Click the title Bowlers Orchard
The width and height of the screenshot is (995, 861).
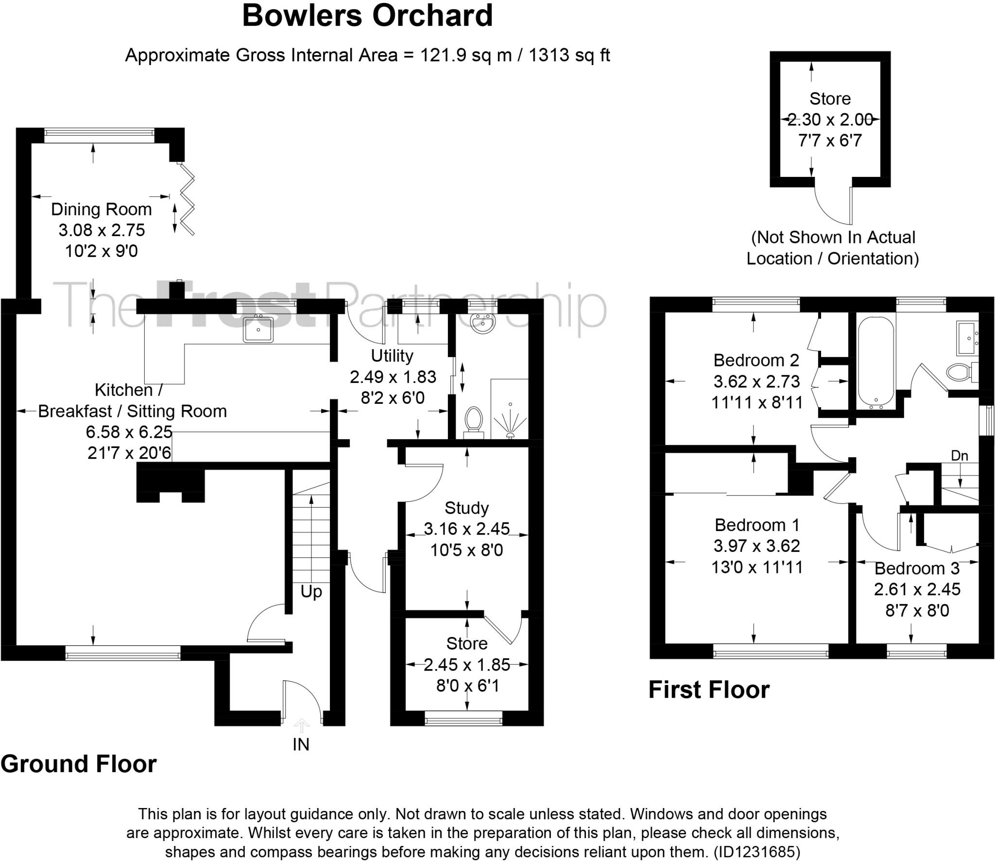click(367, 16)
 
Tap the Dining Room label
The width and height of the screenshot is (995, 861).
click(102, 209)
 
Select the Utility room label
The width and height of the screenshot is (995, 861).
click(392, 356)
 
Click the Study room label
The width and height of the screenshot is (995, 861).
click(466, 508)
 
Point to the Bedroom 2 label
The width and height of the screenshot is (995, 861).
click(756, 360)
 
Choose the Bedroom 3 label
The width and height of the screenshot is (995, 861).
click(917, 568)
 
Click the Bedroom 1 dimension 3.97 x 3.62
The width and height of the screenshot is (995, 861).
click(756, 546)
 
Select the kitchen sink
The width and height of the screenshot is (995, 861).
click(258, 329)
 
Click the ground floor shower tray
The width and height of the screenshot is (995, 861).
click(510, 409)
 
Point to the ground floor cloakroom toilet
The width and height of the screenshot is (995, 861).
click(473, 422)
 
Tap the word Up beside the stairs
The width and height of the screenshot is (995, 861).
click(311, 592)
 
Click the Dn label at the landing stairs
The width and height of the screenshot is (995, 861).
click(960, 456)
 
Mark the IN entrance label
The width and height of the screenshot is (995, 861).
click(301, 744)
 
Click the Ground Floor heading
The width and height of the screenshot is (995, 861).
click(79, 764)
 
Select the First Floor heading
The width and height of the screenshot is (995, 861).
click(709, 690)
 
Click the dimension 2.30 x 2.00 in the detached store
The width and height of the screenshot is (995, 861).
click(830, 119)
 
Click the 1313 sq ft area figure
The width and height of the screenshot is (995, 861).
click(569, 55)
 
